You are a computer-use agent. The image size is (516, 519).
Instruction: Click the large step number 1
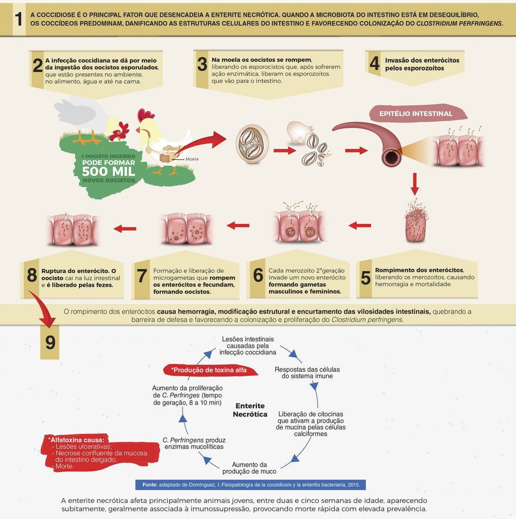tap(18, 20)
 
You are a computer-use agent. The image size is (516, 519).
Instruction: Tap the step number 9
tap(50, 342)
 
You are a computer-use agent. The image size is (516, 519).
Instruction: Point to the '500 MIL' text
tap(108, 171)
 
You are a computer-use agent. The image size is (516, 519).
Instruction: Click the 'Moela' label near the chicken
tap(192, 159)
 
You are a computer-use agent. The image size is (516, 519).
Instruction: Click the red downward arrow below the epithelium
tap(415, 183)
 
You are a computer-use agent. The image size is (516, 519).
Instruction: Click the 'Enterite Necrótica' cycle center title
tap(250, 410)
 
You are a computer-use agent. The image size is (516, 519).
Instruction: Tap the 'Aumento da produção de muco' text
tap(249, 468)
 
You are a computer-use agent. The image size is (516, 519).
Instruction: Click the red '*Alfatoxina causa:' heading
tap(77, 439)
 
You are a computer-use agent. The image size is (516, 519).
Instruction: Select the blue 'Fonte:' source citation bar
tap(250, 485)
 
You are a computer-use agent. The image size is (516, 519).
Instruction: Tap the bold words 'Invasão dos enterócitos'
tap(422, 60)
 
